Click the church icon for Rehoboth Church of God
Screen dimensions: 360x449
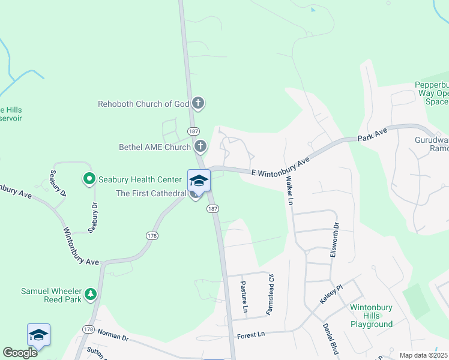(x=199, y=104)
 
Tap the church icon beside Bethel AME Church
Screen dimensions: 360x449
(x=200, y=146)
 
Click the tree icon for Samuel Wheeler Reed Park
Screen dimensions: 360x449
(x=91, y=293)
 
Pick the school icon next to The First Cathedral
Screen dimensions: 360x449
(x=199, y=180)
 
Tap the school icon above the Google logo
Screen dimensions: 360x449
(x=38, y=334)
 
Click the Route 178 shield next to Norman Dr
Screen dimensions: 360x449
(x=89, y=329)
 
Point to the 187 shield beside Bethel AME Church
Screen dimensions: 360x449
(x=193, y=131)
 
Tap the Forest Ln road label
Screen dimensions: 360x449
(x=250, y=335)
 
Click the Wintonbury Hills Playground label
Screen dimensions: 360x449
(x=371, y=316)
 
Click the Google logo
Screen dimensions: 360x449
(x=20, y=352)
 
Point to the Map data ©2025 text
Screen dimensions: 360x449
(x=423, y=355)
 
